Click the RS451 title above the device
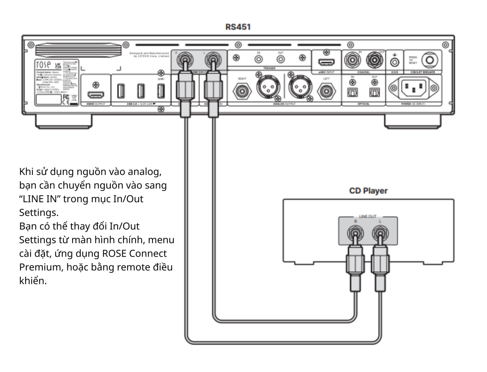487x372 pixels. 237,27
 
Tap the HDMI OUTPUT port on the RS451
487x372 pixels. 96,95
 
